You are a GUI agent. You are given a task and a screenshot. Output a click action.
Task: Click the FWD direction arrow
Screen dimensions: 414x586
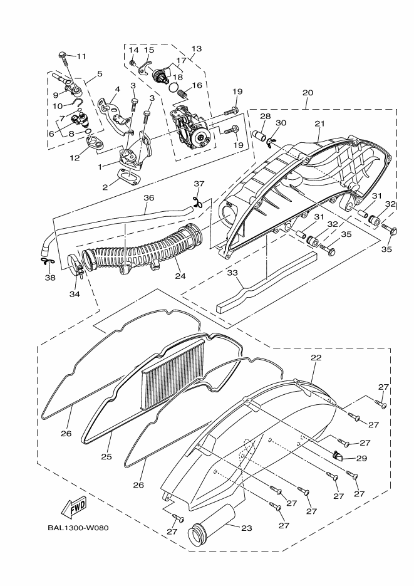[75, 507]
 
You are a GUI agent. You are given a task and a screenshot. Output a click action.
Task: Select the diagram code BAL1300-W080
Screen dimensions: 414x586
[78, 528]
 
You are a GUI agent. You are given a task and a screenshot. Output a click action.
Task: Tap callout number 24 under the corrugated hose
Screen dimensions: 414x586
[180, 276]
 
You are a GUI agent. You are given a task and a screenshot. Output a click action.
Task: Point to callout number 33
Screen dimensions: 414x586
[232, 273]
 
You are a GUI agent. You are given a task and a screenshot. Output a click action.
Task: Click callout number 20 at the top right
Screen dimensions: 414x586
[308, 93]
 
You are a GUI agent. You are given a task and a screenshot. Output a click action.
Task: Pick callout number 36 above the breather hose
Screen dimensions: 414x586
[149, 197]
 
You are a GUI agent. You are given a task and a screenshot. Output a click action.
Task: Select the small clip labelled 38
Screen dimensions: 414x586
[46, 261]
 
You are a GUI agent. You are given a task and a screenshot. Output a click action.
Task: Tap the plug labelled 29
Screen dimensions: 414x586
[338, 455]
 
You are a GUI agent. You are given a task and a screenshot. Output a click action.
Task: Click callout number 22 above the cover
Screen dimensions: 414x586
[316, 358]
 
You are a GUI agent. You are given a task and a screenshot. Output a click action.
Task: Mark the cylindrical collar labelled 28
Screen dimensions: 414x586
[260, 133]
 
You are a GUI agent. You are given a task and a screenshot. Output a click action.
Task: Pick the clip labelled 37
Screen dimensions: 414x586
[198, 202]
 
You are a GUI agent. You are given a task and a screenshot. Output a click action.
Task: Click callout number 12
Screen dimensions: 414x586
[75, 157]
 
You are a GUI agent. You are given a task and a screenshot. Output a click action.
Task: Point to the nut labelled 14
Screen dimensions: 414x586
[132, 63]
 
